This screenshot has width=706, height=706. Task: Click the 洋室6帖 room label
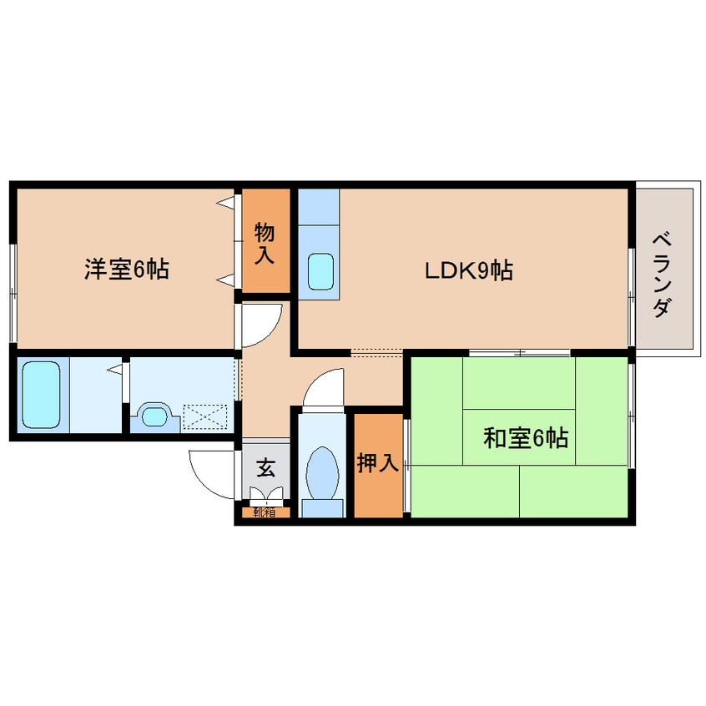(126, 270)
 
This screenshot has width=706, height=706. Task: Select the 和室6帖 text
(526, 437)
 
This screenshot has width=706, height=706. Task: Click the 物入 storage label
(265, 242)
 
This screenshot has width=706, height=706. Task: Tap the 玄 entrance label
(265, 467)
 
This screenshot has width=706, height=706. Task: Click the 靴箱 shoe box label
(264, 512)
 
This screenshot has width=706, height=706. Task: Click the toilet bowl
(321, 472)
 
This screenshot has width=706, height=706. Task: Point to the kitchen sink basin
(320, 270)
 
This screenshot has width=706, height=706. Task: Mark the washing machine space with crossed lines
(205, 415)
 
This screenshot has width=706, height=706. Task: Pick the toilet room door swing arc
(324, 386)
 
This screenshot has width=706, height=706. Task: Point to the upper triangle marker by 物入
(226, 202)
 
